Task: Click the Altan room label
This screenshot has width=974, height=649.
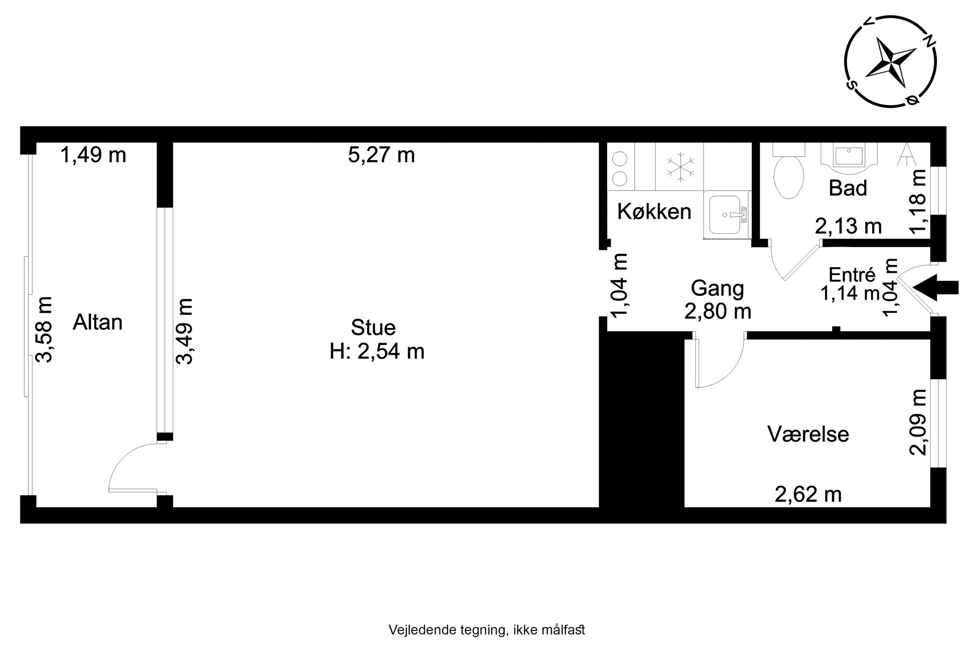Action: [98, 322]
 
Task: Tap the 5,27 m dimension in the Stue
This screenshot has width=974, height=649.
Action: [381, 155]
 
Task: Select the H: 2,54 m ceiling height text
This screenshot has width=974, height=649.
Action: [377, 351]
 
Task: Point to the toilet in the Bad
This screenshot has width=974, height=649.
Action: [789, 172]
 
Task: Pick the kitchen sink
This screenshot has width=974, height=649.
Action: [727, 215]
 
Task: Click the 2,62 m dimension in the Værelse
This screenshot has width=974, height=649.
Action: [808, 495]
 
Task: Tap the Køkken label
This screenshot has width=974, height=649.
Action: [654, 211]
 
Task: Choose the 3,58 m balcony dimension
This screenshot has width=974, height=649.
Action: [44, 330]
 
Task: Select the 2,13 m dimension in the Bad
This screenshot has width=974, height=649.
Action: [848, 226]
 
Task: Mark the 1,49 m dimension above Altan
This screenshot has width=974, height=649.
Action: [93, 155]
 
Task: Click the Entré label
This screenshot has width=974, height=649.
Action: [852, 275]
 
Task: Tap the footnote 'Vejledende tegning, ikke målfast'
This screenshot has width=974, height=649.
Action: [487, 630]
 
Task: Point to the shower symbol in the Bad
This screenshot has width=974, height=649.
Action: [907, 154]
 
